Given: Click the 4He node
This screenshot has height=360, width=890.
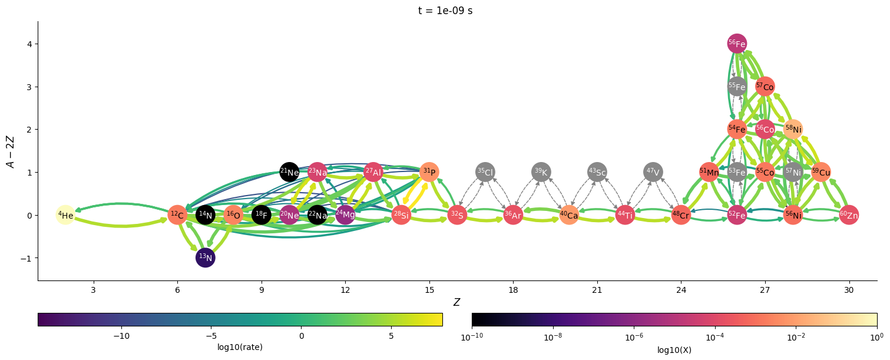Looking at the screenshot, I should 65,215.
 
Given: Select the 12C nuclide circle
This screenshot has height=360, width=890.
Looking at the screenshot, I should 177,215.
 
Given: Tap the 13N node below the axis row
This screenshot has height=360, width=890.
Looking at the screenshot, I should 206,257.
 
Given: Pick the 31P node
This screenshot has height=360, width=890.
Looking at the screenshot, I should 429,172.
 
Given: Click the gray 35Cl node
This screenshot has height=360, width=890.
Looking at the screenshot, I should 485,172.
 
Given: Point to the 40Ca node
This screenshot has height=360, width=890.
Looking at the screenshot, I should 569,215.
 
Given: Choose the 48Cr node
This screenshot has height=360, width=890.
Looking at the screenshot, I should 681,215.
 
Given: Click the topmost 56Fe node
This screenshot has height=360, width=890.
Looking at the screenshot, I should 737,44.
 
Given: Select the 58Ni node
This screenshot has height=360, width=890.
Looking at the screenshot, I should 793,129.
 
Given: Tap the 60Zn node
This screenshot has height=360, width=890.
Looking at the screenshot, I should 849,215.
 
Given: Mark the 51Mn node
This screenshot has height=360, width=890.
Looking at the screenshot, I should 709,172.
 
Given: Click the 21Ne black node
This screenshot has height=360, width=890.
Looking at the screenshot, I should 289,172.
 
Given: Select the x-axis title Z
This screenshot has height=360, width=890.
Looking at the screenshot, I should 456,302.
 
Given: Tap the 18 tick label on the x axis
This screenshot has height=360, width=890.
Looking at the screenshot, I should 513,290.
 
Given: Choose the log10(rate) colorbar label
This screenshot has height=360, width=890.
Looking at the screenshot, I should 240,348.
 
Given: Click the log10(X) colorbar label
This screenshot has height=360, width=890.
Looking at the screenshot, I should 674,349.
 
